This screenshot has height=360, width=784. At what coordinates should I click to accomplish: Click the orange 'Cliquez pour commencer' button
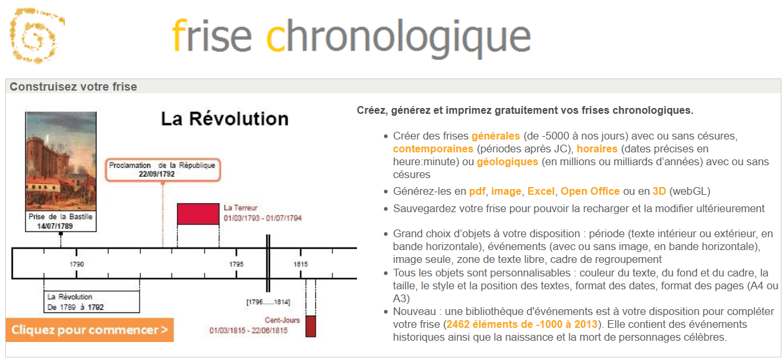89,330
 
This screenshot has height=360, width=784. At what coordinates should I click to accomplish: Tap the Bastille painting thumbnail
61,161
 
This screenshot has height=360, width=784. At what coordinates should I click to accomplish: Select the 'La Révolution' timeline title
224,118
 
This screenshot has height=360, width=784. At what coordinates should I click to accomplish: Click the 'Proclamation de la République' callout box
163,170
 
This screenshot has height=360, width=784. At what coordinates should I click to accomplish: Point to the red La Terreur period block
198,214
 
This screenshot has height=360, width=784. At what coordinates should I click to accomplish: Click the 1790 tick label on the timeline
77,264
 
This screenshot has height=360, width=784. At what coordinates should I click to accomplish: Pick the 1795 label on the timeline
237,264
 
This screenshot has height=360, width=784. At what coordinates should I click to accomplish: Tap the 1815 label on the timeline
300,264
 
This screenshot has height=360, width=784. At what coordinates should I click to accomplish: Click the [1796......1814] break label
268,302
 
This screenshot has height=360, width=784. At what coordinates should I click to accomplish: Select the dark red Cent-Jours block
311,326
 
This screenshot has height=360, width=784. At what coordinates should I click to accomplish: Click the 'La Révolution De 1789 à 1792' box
92,301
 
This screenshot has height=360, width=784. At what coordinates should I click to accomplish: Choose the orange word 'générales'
496,136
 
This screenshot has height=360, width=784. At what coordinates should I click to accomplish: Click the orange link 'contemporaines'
433,148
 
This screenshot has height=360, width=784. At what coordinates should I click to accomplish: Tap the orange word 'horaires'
597,148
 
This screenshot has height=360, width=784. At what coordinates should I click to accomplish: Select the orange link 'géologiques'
507,161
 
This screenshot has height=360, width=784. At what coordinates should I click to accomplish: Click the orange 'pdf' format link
477,192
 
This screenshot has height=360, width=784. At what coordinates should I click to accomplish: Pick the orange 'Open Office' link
590,192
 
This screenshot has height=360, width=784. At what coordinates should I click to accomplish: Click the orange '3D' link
659,192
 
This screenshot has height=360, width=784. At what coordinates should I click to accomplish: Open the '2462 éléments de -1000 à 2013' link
522,324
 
